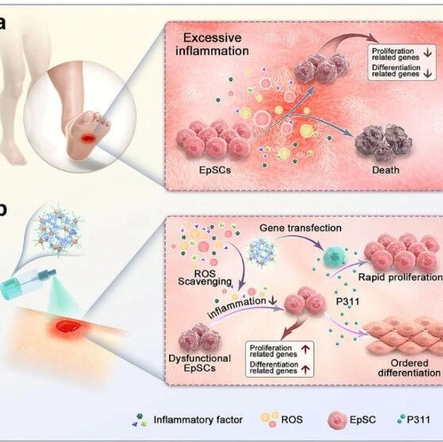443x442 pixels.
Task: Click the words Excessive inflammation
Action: [x=212, y=44]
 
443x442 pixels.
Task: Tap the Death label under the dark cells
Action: [x=386, y=170]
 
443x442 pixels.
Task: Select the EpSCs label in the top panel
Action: [x=215, y=170]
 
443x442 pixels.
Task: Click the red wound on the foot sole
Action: [x=88, y=138]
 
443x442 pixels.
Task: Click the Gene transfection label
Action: [x=300, y=228]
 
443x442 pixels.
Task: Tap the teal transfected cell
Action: [x=334, y=256]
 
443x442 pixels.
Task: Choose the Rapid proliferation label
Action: [x=400, y=277]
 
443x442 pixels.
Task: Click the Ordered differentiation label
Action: [x=409, y=367]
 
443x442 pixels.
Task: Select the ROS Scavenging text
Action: [x=205, y=278]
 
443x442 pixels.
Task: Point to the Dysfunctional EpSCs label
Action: [x=199, y=363]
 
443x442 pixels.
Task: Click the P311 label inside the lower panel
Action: [x=348, y=302]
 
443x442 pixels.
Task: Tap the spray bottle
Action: [x=28, y=283]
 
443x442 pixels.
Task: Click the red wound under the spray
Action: [x=68, y=326]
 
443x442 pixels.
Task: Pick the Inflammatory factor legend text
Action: [x=198, y=420]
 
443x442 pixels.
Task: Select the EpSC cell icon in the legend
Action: [x=337, y=421]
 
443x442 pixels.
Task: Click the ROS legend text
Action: [x=292, y=420]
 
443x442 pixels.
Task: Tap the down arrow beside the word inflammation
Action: [x=272, y=300]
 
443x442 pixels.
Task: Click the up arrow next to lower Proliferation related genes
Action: [x=306, y=350]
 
